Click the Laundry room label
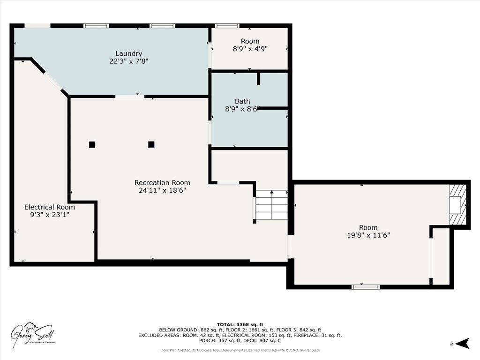pos(128,53)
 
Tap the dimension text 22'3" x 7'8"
pos(128,61)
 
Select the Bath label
pos(242,101)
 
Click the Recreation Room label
pos(162,182)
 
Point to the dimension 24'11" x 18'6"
pos(162,190)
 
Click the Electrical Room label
pos(49,207)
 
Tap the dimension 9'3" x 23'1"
pos(49,214)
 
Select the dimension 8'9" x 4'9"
pos(250,48)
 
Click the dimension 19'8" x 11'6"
pos(368,235)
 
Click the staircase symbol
pos(271,205)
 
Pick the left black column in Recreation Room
pos(92,144)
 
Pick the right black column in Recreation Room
pos(151,144)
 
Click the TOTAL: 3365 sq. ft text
pos(240,324)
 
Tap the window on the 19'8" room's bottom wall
pos(366,286)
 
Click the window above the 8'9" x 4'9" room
pos(227,26)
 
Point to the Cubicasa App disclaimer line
pos(240,350)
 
